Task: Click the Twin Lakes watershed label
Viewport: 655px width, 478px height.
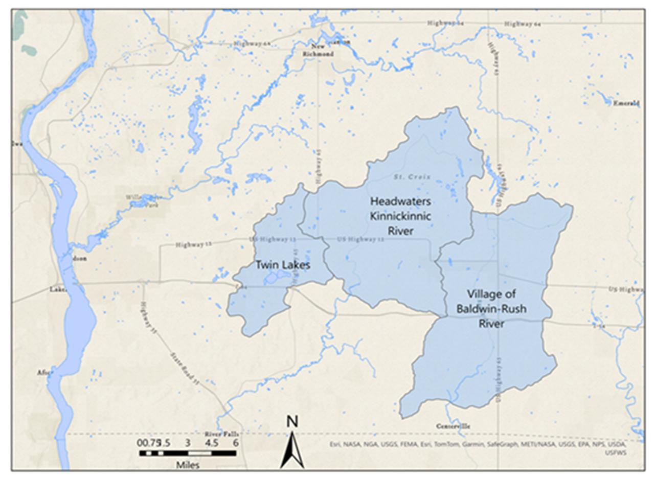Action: coord(283,265)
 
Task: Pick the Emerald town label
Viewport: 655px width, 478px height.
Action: coord(627,103)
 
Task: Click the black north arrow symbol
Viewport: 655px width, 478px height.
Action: coord(292,450)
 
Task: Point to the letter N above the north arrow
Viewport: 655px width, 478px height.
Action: coord(292,422)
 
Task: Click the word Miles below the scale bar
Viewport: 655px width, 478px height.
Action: coord(188,466)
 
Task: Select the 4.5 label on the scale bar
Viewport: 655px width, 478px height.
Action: coord(211,443)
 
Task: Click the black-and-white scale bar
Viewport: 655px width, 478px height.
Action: coord(188,453)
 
